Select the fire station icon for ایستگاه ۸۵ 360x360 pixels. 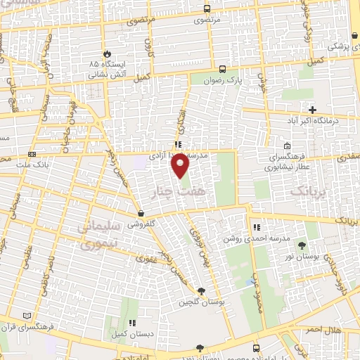(106, 53)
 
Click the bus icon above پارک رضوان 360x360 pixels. (223, 69)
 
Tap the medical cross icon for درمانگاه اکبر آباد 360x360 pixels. (313, 110)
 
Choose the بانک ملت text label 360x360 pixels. (31, 164)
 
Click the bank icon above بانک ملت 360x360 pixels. (32, 154)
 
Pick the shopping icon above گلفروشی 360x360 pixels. (141, 213)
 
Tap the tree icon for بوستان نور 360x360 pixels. (302, 246)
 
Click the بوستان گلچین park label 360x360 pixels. (200, 302)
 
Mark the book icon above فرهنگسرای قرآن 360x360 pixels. (27, 316)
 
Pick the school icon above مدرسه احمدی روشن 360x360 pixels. (257, 227)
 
